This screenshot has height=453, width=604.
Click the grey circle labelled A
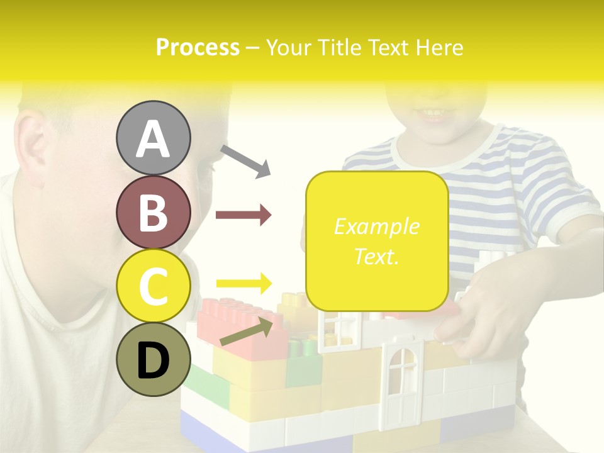coord(154,138)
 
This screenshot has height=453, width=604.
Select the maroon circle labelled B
coord(154,212)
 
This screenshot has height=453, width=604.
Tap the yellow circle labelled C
coord(154,286)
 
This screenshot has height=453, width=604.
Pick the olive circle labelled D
coord(154,361)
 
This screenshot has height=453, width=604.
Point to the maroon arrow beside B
coord(243,215)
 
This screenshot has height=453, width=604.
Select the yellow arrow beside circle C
coord(243,282)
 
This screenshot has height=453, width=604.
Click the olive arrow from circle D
coord(247,332)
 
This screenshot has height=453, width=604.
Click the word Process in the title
coord(198,47)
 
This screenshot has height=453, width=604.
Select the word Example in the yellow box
coord(377,226)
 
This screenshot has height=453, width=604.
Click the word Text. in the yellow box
coord(377,257)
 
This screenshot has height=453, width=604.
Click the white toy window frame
coord(335,330)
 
